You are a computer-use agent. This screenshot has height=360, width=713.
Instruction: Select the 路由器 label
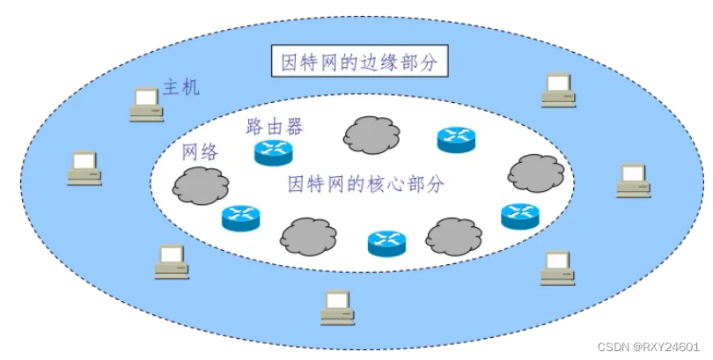coord(275,127)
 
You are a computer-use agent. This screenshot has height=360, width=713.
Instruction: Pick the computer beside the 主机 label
coord(145,104)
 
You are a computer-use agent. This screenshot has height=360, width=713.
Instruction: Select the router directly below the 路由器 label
coord(273,153)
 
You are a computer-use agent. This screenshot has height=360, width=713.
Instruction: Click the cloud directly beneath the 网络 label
coord(201,184)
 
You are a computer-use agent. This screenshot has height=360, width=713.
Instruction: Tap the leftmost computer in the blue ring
coord(84,167)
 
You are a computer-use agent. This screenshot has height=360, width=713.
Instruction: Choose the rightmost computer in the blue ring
coord(633,180)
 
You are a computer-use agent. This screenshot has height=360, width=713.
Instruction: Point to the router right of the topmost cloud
coord(456,139)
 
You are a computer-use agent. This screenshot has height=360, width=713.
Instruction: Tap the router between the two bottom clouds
coord(386,243)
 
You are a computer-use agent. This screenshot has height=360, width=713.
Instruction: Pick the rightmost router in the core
coord(519,216)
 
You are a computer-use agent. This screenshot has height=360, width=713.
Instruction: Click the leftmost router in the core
coord(241,217)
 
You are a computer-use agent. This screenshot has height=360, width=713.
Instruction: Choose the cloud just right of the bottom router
coord(454,236)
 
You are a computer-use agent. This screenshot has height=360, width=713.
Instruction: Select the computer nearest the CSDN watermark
coord(557,268)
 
